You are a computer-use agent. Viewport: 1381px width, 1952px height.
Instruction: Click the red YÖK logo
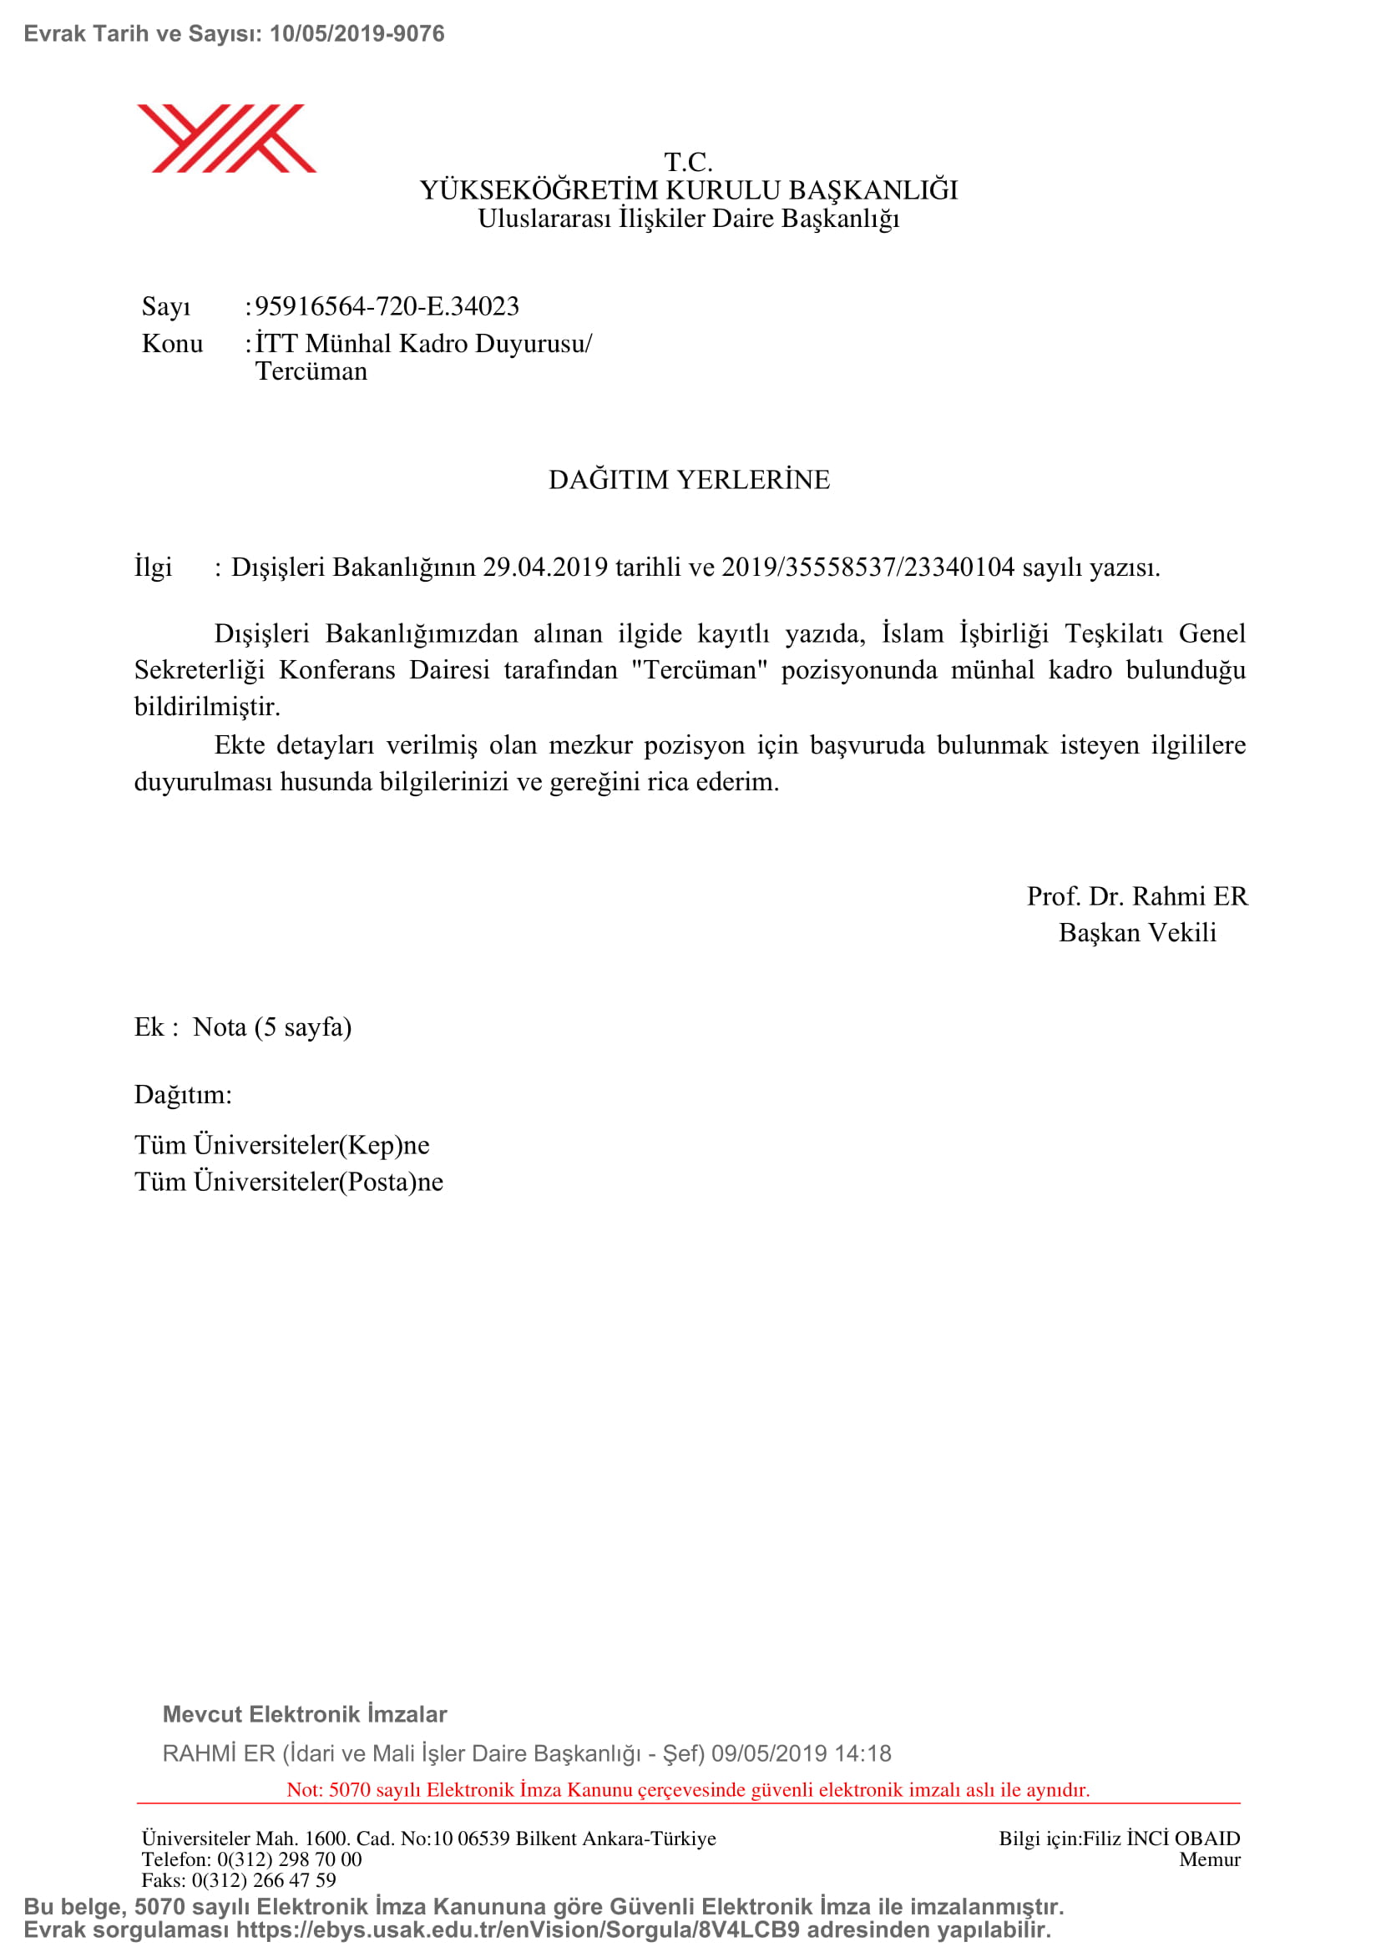(226, 139)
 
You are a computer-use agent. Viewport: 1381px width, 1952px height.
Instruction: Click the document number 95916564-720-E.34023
(387, 306)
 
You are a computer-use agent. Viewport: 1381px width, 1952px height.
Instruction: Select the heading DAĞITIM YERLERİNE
(689, 480)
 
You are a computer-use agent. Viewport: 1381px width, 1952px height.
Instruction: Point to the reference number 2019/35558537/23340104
(868, 567)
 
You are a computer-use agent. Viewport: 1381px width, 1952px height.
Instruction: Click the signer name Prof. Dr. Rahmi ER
(1137, 896)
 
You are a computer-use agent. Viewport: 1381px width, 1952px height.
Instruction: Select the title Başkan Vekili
(1137, 933)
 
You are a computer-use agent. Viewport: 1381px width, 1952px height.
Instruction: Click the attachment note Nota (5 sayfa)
(272, 1027)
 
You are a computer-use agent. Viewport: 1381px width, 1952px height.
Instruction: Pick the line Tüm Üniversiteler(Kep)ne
(281, 1145)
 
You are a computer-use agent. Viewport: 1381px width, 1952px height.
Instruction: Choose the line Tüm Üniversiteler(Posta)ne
(288, 1182)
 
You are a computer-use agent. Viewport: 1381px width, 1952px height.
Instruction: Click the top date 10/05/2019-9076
(357, 34)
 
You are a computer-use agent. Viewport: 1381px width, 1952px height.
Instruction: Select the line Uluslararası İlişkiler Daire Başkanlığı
(689, 219)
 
